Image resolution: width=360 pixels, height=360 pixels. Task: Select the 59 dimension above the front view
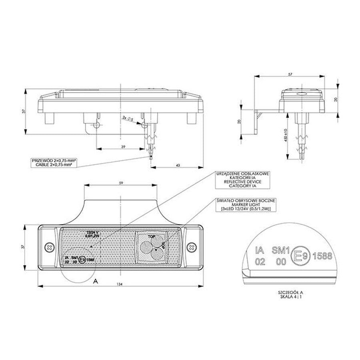coord(120,183)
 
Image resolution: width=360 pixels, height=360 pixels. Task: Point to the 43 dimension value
coord(178,164)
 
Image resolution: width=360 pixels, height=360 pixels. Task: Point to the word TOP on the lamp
coord(151,237)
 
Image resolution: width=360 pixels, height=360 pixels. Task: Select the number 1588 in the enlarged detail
coord(322,256)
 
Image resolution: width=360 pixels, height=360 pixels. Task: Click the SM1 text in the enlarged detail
coord(280,251)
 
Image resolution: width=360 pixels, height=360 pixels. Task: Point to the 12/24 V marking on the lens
coord(92,232)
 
